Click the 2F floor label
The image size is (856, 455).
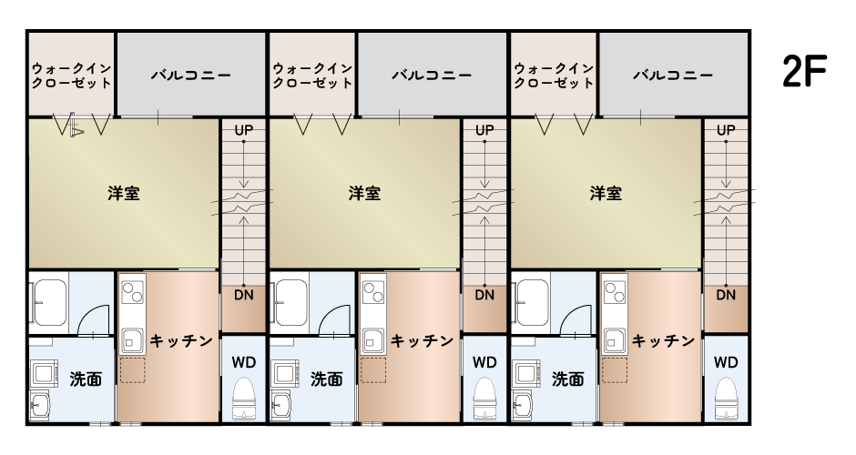coord(805,71)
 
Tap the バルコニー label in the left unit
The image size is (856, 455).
coord(191,75)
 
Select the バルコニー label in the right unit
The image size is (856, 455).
coord(673,75)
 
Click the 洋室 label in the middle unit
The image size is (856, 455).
coord(364,193)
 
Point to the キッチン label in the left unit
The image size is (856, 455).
coord(181,341)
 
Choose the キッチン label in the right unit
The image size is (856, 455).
coord(663,341)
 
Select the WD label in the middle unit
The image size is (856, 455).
coord(484,362)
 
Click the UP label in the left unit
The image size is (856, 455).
coord(243,130)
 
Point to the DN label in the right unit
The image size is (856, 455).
coord(726,295)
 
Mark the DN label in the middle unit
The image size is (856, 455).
coord(484,295)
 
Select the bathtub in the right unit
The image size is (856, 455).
coord(533,302)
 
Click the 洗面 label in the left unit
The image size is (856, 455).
coord(86,379)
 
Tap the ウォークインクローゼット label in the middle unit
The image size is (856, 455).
coord(312,76)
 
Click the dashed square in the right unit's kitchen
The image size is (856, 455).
coord(615,370)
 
